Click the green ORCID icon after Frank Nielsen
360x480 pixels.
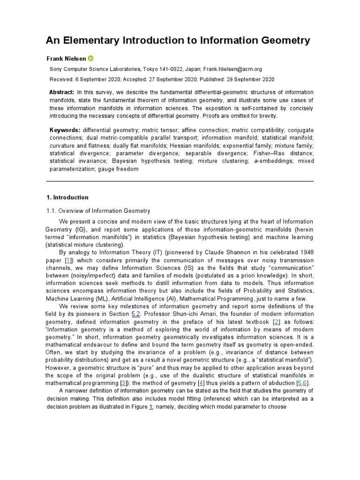point(91,58)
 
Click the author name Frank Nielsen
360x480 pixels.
point(66,59)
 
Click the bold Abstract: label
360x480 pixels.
point(61,92)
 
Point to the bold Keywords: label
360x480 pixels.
point(65,130)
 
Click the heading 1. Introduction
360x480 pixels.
point(67,197)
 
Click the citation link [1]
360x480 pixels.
point(68,260)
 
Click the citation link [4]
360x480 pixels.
point(202,383)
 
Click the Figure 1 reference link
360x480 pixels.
point(151,407)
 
